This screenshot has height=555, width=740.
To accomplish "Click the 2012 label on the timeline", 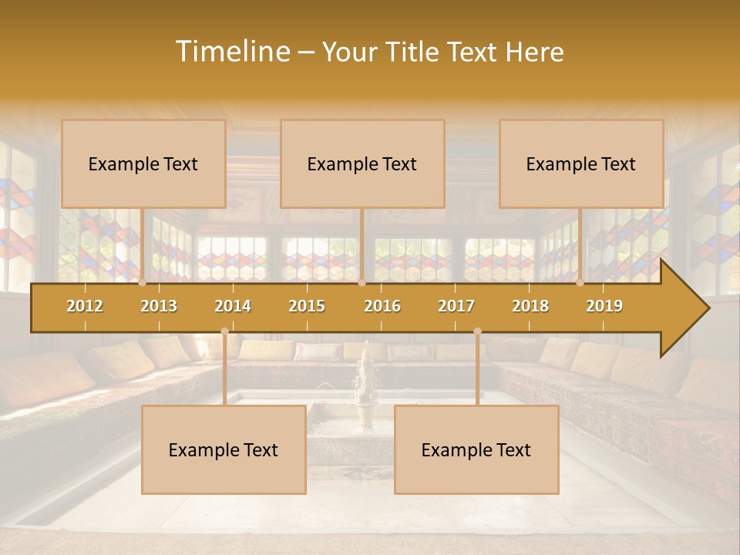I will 85,306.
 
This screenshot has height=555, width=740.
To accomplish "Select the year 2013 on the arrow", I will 159,306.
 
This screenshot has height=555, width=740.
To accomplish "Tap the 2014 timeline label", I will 233,306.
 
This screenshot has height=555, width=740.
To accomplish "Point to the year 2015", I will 307,306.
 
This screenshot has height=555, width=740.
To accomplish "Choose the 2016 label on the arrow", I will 382,306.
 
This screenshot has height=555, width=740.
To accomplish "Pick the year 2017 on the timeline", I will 456,306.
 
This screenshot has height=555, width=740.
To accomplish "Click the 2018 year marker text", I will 530,306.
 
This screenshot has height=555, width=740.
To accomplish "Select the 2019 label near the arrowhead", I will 604,306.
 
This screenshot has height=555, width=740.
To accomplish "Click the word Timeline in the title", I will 231,52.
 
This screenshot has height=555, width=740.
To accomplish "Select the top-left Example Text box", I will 143,163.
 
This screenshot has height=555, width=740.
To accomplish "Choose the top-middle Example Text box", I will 362,163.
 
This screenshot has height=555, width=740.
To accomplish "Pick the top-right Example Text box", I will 581,163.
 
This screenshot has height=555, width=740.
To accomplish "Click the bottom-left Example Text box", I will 224,450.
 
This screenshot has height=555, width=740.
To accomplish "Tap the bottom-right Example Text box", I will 476,450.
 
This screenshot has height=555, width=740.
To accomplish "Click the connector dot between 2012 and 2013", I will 143,283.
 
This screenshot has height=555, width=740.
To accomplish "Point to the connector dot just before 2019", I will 580,283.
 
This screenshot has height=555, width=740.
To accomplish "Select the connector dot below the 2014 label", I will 224,331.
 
